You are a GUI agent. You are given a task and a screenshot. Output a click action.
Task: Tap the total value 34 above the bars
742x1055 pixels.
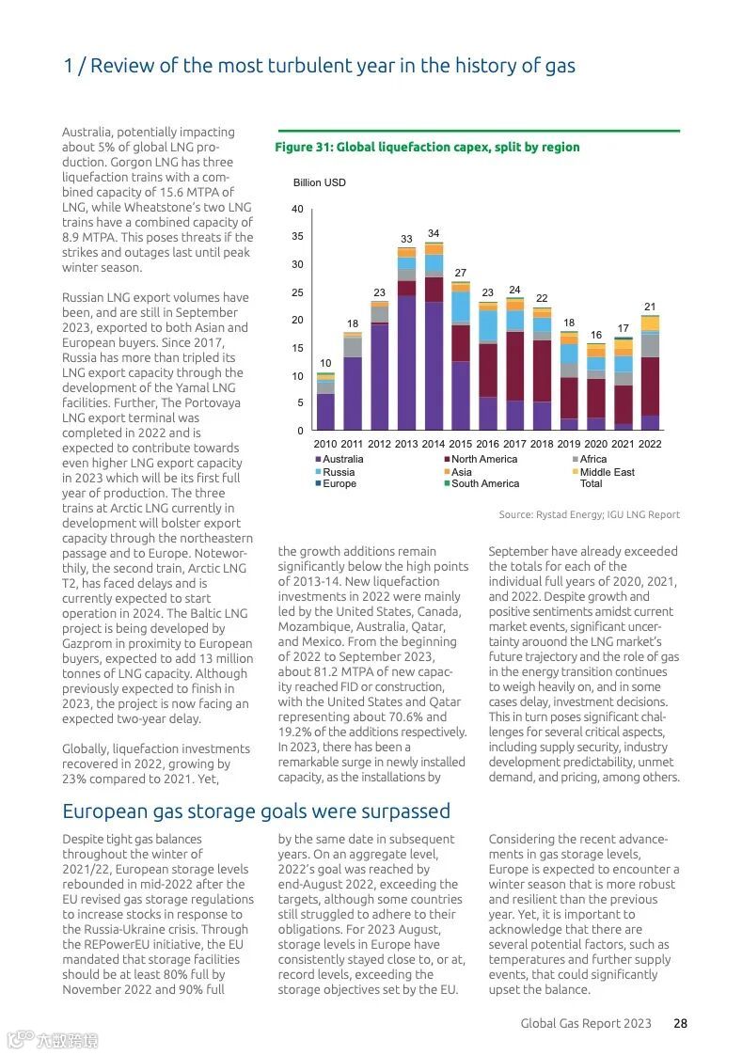(x=434, y=233)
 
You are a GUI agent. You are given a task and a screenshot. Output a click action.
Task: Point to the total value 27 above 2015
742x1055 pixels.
(x=461, y=273)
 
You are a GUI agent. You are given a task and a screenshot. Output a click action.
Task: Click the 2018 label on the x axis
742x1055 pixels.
(x=542, y=444)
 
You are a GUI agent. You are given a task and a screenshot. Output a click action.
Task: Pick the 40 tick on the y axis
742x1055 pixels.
(x=297, y=209)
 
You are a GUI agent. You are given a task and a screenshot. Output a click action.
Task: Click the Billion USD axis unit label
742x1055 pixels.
(x=320, y=182)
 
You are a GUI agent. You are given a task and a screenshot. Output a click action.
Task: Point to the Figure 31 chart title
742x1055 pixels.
(x=427, y=147)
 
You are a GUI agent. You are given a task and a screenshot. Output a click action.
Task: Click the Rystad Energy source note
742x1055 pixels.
(x=589, y=514)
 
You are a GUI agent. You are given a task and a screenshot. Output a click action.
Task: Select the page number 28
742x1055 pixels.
(x=680, y=1023)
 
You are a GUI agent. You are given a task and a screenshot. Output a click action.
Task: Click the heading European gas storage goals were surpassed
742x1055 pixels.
(x=256, y=811)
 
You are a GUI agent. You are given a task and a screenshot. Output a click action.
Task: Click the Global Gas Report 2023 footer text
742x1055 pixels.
(x=586, y=1023)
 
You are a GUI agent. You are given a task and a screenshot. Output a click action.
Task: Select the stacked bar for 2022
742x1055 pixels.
(x=650, y=372)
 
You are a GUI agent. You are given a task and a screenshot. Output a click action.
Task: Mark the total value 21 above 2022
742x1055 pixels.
(x=650, y=307)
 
